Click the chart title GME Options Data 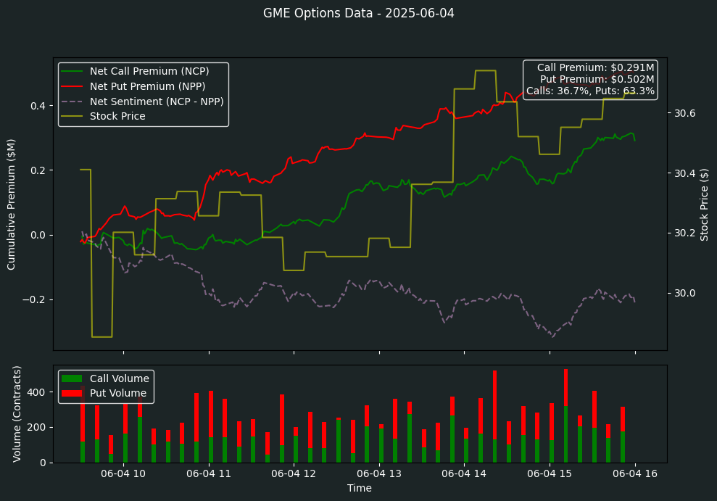[x=358, y=13]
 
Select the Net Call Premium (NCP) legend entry [x=149, y=71]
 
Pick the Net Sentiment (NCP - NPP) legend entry [x=157, y=102]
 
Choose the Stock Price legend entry [x=117, y=116]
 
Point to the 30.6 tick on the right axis [x=686, y=113]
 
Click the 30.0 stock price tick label [x=686, y=293]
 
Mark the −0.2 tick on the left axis [x=35, y=299]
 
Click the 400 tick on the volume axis [x=38, y=392]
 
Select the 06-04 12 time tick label [x=294, y=474]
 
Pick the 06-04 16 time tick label [x=634, y=474]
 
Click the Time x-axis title [x=360, y=489]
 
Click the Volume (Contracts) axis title [x=17, y=413]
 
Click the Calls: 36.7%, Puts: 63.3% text [x=590, y=91]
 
